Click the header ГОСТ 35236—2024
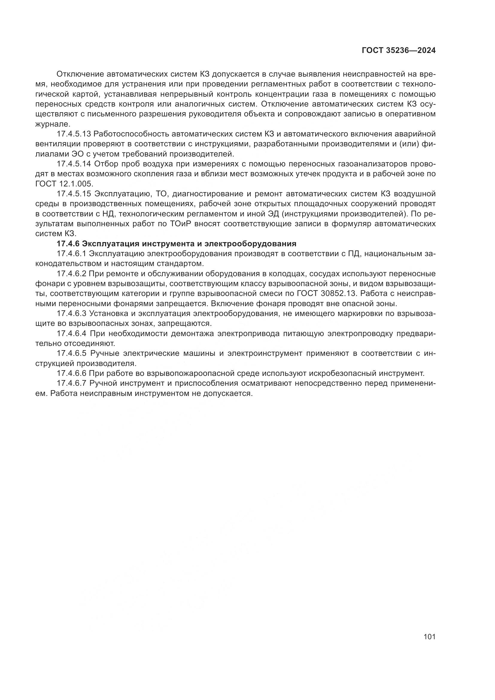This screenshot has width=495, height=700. [x=398, y=51]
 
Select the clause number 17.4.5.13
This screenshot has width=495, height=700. [x=74, y=134]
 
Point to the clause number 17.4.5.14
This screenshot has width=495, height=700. [x=74, y=164]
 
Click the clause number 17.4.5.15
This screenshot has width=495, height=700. [x=74, y=194]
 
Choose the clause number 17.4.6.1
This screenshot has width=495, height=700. [x=72, y=254]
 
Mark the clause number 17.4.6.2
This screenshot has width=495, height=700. [x=72, y=274]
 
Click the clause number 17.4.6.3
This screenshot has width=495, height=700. [x=72, y=313]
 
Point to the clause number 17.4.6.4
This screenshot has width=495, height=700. [x=72, y=333]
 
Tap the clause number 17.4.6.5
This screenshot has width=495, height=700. [x=72, y=353]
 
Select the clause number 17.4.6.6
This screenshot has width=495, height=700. [x=72, y=373]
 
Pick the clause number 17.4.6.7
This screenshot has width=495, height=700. [x=72, y=383]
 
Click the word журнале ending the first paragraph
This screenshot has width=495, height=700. [x=53, y=124]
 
